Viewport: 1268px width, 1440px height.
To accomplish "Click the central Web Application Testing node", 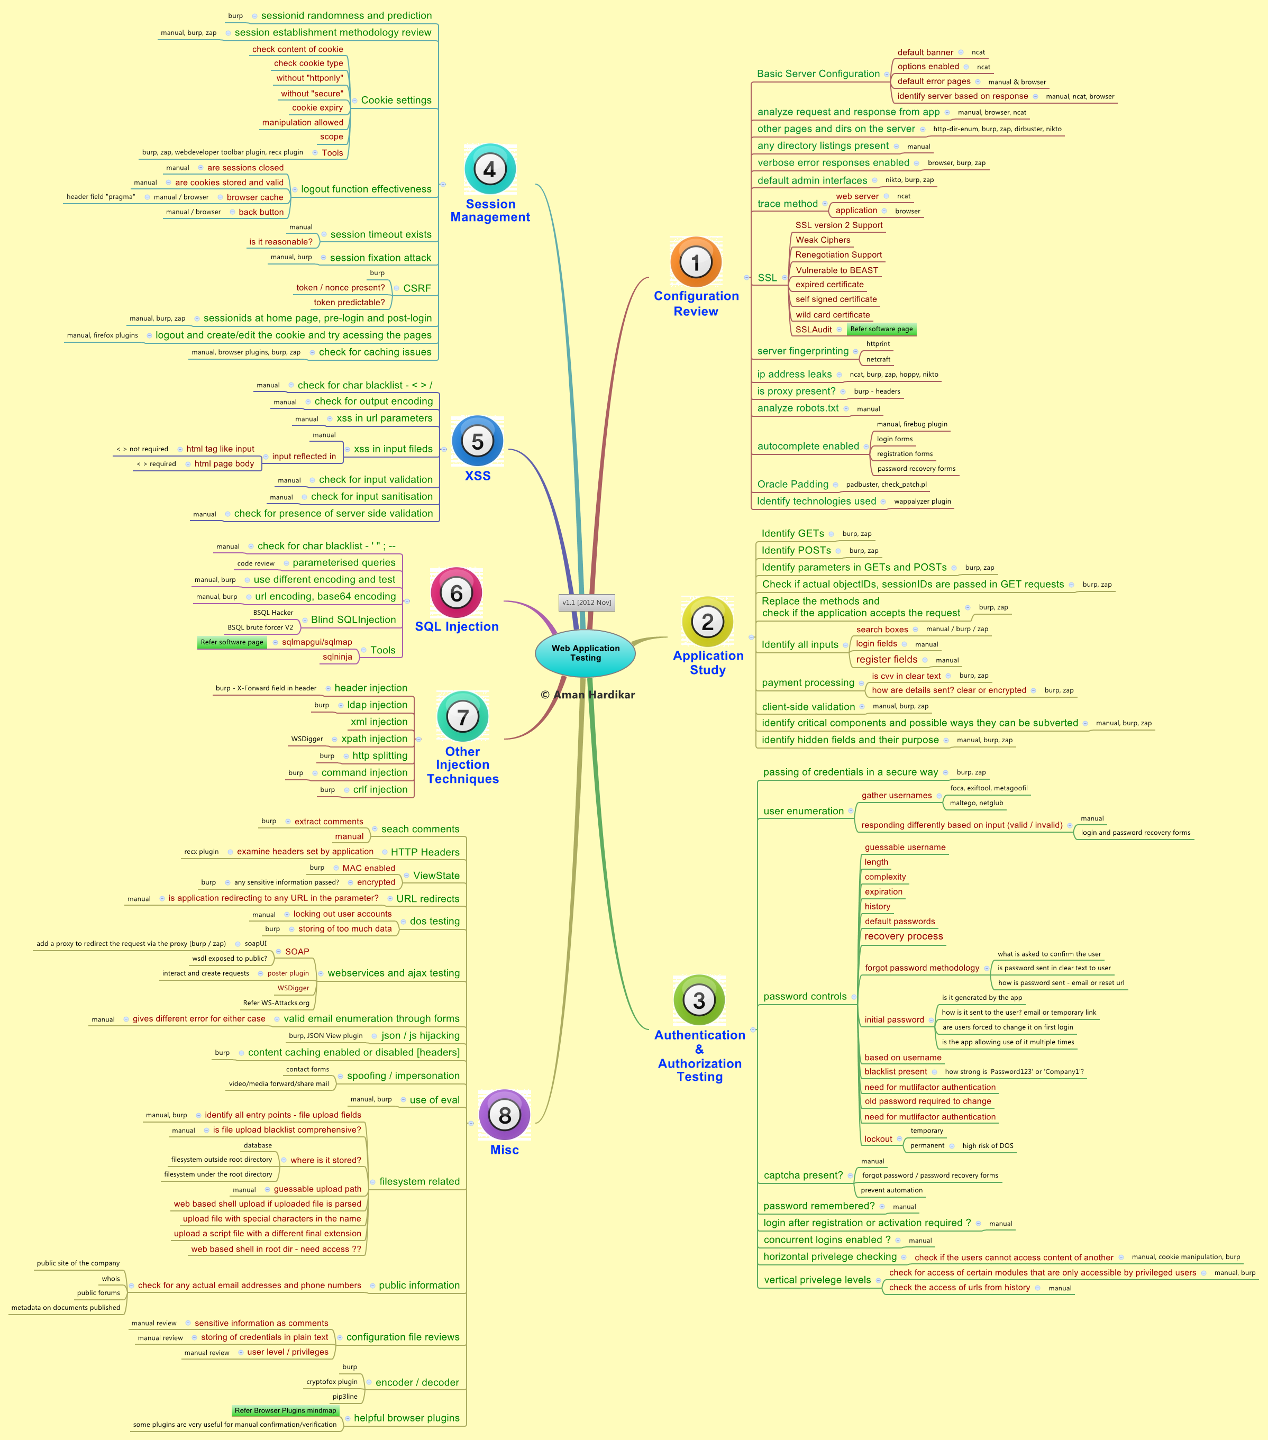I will click(586, 653).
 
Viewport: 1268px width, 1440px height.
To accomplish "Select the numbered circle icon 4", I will click(490, 170).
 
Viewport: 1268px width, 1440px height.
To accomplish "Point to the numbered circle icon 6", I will click(457, 593).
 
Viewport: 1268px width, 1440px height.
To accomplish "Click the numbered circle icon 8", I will click(504, 1115).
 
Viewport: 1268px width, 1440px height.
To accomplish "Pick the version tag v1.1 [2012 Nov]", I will click(587, 603).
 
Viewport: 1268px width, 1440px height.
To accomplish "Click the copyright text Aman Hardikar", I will click(588, 695).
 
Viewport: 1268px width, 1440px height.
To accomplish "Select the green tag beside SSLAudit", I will click(881, 329).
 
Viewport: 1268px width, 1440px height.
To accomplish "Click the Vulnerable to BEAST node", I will click(837, 270).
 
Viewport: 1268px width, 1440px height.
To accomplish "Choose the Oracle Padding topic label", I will click(792, 484).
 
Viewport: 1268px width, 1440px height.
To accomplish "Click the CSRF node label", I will click(417, 288).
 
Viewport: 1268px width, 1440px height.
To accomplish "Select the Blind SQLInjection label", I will click(353, 619).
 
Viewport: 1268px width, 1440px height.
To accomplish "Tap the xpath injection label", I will click(374, 739).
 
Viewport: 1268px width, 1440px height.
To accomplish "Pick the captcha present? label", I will click(803, 1175).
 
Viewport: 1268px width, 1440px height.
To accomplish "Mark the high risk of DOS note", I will click(988, 1145).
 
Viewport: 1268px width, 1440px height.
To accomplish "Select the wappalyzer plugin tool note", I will click(922, 502).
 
